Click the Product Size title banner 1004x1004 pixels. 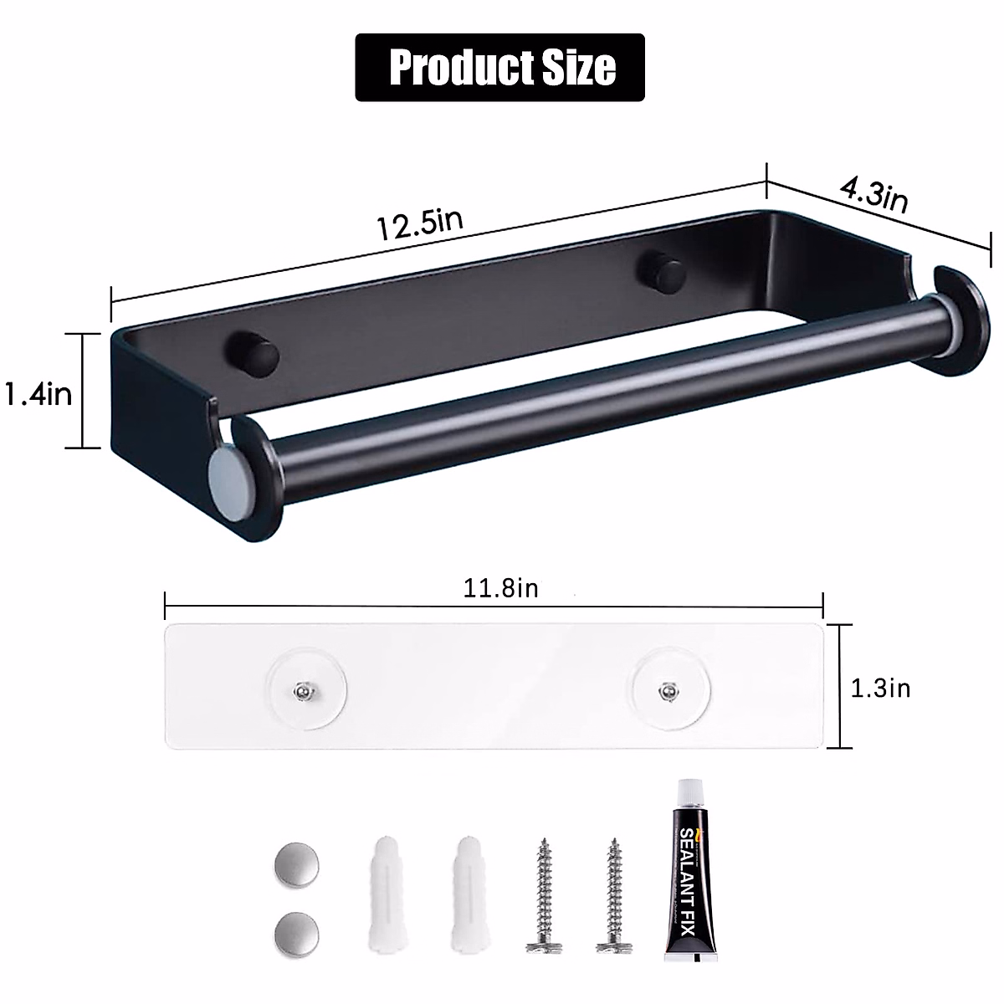click(499, 68)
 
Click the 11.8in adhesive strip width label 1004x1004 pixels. click(500, 588)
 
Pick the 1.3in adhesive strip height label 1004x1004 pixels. click(880, 688)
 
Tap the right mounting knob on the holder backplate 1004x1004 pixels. click(659, 271)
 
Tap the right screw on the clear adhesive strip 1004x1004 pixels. click(667, 690)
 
